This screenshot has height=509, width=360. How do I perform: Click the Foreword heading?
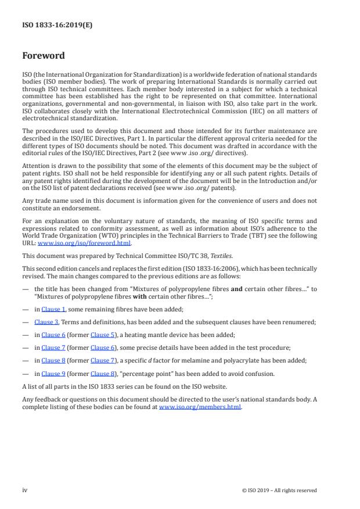click(x=44, y=56)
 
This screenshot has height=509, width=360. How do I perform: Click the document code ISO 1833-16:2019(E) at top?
click(x=57, y=25)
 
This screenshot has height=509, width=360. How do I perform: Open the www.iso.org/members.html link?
click(x=200, y=407)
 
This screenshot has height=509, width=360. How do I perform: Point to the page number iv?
click(x=25, y=490)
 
